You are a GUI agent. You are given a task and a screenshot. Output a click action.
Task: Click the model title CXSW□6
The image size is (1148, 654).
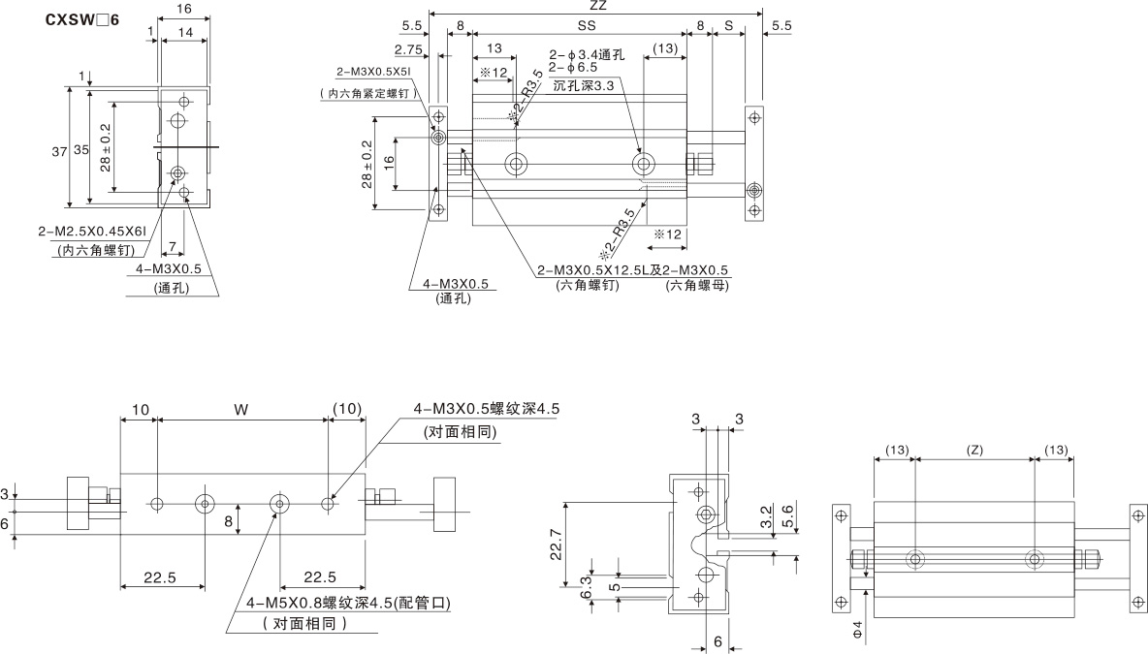tap(82, 19)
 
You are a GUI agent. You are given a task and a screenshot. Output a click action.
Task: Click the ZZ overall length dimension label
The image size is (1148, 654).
tap(597, 5)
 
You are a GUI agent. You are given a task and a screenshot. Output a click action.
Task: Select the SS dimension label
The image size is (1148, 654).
tap(587, 25)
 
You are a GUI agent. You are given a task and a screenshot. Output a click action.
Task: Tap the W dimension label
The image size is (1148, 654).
tap(240, 410)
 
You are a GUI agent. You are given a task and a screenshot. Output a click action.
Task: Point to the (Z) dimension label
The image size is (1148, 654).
tap(974, 451)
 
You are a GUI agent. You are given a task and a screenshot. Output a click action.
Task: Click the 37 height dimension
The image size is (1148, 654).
tap(59, 152)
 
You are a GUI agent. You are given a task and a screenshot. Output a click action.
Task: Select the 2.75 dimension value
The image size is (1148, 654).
tap(408, 49)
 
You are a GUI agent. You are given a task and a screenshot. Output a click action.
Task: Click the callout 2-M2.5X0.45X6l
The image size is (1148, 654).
tap(92, 232)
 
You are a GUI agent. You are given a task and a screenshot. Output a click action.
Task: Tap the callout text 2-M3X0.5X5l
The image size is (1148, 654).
tap(374, 72)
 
